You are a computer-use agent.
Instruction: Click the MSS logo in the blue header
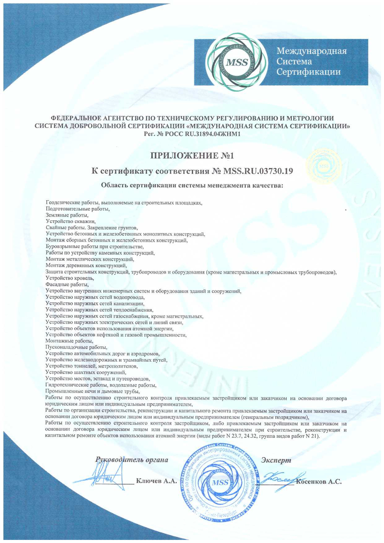click(237, 62)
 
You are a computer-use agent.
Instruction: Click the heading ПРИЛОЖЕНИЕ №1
click(192, 156)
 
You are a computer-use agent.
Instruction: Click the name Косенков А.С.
click(318, 482)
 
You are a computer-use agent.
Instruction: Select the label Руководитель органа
click(132, 460)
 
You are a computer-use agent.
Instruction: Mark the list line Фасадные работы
click(67, 285)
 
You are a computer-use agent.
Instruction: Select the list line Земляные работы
click(67, 215)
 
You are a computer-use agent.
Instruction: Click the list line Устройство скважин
click(71, 222)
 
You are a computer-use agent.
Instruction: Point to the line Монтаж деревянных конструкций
click(86, 265)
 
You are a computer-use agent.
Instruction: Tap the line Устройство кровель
click(69, 278)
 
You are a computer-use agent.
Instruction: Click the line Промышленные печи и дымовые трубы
click(92, 391)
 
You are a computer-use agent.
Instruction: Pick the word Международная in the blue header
click(311, 51)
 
